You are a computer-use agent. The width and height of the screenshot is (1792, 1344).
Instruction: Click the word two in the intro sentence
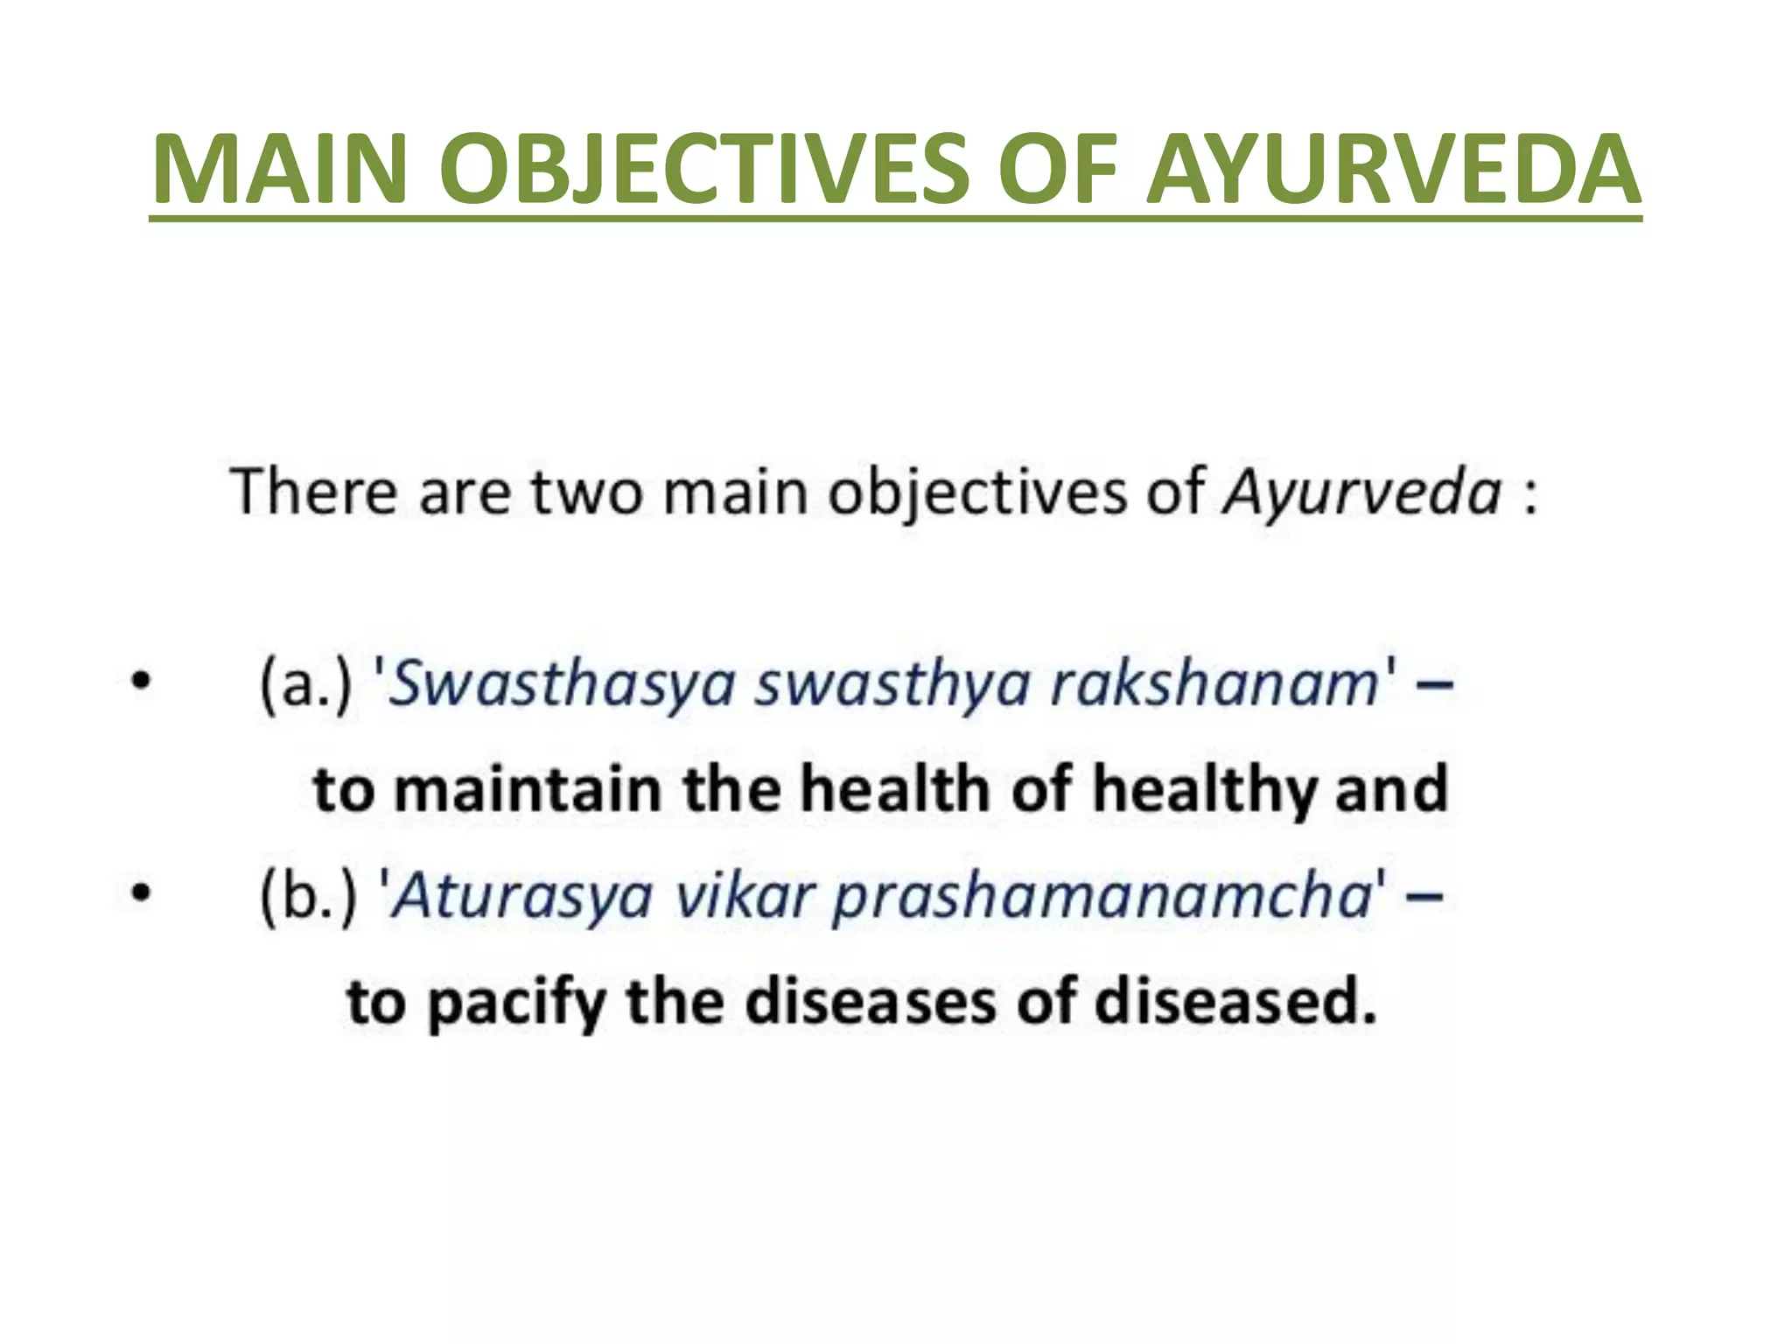(587, 493)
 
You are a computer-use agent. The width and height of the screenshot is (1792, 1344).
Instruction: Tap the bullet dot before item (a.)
(141, 681)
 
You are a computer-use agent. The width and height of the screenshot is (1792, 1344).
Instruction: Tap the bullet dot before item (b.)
(141, 893)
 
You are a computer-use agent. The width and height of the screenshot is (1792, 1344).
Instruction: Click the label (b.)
(309, 897)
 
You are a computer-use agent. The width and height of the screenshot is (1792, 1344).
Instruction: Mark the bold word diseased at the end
(1235, 1001)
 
